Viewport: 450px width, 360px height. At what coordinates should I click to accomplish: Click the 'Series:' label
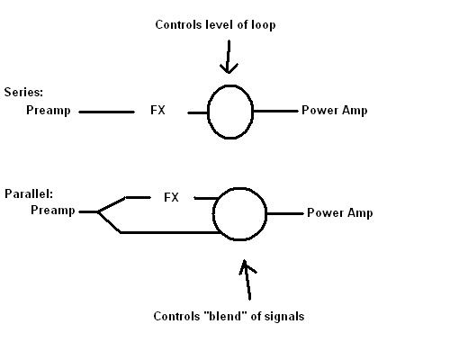23,92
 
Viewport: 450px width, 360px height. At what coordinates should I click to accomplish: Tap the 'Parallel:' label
29,193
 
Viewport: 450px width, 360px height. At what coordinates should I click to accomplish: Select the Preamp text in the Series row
49,111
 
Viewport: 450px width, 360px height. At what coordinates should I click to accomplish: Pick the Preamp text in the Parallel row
53,211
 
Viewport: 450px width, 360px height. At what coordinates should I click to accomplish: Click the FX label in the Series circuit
157,110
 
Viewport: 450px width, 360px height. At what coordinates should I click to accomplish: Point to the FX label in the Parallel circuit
171,197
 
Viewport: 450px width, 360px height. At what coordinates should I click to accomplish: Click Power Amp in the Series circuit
335,111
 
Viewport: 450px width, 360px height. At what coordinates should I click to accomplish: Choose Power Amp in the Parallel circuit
340,213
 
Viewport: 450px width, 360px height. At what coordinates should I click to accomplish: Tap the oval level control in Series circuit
208,112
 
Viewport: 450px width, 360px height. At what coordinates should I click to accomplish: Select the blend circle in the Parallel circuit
213,214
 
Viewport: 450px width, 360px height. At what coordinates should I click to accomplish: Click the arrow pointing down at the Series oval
229,57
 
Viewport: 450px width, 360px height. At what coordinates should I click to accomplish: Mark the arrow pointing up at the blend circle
247,280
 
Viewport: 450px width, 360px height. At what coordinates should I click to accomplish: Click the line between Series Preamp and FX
106,112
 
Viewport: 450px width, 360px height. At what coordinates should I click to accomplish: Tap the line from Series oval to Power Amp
275,111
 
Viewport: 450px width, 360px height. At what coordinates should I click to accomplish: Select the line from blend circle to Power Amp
285,213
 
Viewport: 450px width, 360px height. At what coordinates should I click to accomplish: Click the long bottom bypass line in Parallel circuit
171,232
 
